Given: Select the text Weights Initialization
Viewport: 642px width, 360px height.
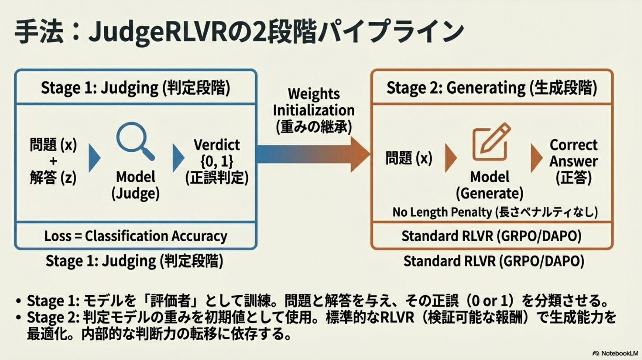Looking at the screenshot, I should pos(313,102).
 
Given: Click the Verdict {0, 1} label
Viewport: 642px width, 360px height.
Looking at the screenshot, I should pos(217,153).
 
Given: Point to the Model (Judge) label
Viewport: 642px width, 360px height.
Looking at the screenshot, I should pos(135,185).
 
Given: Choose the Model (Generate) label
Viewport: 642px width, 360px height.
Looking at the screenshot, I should pos(489,185).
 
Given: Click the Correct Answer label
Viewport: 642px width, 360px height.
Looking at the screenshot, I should pos(573,153).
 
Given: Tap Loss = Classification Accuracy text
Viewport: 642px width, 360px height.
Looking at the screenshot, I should pos(135,236).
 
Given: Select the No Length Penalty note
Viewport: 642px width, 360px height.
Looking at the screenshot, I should pos(495,212).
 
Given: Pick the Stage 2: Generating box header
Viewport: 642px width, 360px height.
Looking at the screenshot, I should pos(492,88).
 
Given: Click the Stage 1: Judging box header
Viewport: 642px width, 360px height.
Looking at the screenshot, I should pos(135,88).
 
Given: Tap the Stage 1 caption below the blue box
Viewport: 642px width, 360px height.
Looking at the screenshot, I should pos(134,261).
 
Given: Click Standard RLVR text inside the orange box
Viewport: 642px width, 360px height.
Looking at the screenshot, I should pos(492,236).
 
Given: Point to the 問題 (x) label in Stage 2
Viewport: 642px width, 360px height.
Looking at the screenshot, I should pos(409,158).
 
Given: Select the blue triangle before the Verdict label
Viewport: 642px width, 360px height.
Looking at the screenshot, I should pos(178,158).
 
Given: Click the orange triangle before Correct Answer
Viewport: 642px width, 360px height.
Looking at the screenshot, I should pos(536,158).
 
